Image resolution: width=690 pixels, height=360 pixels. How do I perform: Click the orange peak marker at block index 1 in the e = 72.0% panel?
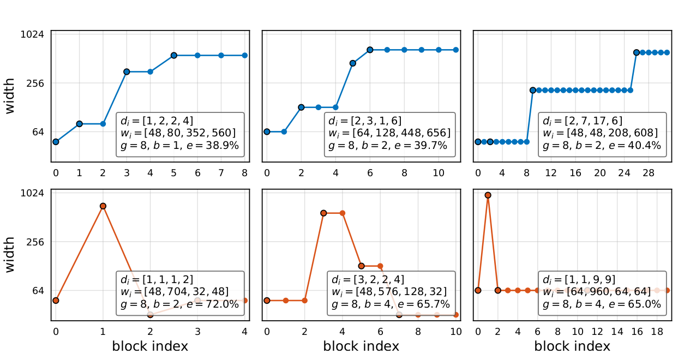point(103,206)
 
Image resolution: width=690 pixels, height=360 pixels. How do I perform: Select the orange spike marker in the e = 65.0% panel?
point(488,195)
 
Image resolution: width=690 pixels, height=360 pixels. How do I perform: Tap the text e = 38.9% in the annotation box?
point(215,146)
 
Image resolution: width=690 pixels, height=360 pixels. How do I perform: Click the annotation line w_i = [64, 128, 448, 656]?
point(389,133)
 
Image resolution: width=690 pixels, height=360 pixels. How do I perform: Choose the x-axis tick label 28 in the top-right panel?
point(648,173)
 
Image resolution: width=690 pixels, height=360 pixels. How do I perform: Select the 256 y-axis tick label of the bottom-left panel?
point(36,242)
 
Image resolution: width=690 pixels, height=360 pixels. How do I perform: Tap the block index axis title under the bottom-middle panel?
point(361,346)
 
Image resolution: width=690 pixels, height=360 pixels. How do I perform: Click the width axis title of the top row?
point(10,96)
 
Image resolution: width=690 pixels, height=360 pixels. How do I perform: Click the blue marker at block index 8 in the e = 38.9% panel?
point(245,55)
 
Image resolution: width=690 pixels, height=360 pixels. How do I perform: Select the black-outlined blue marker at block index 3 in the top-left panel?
point(127,71)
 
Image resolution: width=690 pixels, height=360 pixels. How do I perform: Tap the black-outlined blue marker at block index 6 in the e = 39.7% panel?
point(370,50)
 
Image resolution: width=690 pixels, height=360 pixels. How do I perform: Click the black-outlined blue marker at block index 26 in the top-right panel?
point(637,52)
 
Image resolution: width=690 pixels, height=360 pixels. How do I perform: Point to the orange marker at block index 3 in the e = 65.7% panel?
point(323,213)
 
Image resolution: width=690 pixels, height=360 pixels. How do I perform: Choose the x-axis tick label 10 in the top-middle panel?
point(439,173)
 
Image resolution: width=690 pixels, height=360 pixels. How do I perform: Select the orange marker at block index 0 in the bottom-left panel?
point(56,301)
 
